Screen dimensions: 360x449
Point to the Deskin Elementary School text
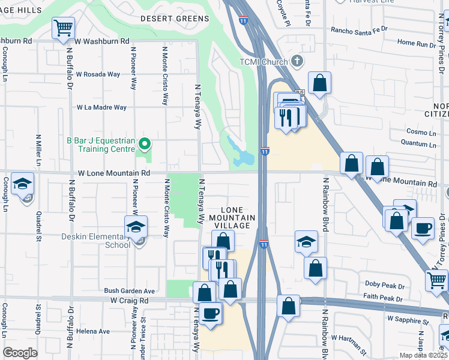click(96, 240)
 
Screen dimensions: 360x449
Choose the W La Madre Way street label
click(101, 107)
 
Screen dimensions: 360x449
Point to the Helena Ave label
click(92, 331)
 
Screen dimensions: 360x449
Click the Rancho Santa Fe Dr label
click(359, 29)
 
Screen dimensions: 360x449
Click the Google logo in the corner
click(20, 352)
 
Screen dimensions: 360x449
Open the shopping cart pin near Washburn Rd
click(63, 28)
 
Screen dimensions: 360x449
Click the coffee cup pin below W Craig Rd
click(209, 314)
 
